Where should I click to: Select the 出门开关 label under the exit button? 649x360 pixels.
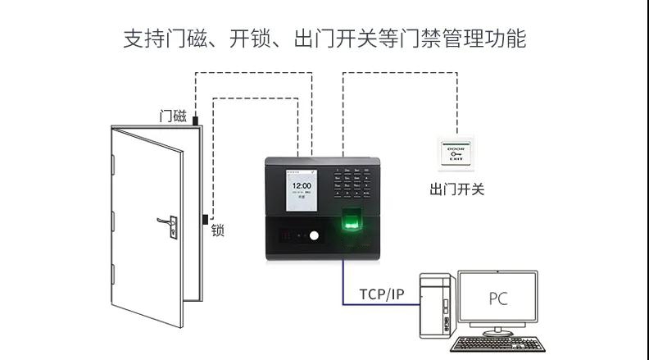(x=456, y=189)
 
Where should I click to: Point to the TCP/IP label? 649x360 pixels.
(x=381, y=294)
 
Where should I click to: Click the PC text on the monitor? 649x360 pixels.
(x=497, y=297)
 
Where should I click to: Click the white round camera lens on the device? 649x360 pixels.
(x=312, y=237)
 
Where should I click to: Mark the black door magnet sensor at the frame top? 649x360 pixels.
(x=196, y=120)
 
